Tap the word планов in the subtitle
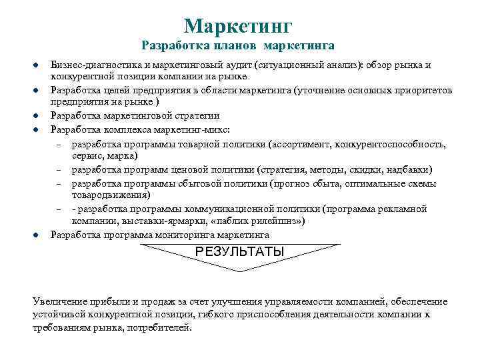(234, 46)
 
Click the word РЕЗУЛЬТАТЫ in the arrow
(239, 251)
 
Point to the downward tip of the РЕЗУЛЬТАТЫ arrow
(239, 269)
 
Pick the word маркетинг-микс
(196, 129)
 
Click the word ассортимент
(303, 143)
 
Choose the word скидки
(366, 169)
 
